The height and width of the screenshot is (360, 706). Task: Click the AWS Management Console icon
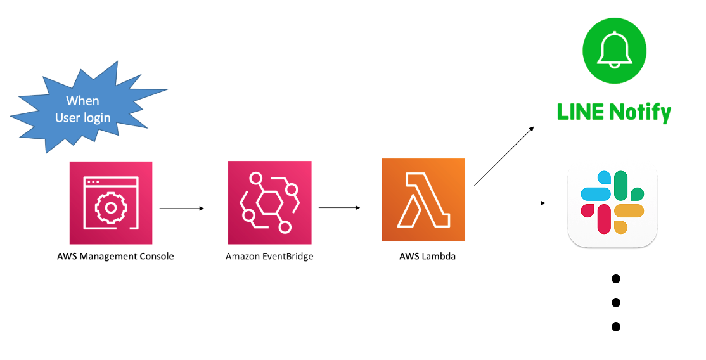[x=111, y=203]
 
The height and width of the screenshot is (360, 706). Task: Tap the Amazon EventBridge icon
[x=269, y=203]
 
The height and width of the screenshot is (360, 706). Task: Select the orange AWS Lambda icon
[x=423, y=200]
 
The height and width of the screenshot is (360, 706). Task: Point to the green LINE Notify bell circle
[x=614, y=51]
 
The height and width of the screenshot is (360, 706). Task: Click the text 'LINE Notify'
[x=613, y=113]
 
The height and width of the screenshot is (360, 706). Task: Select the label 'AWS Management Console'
[x=115, y=257]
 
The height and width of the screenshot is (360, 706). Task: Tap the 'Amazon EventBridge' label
[x=269, y=257]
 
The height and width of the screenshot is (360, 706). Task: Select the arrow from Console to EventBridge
[x=182, y=208]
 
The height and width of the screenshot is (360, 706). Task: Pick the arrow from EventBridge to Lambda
[x=340, y=208]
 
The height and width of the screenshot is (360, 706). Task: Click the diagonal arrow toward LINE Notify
[x=504, y=156]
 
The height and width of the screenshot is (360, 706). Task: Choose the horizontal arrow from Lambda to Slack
[x=510, y=203]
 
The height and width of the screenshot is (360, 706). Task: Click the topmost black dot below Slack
[x=615, y=279]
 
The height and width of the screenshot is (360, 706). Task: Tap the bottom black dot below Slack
[x=615, y=327]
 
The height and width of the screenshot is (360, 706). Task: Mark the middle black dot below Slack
[x=615, y=303]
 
